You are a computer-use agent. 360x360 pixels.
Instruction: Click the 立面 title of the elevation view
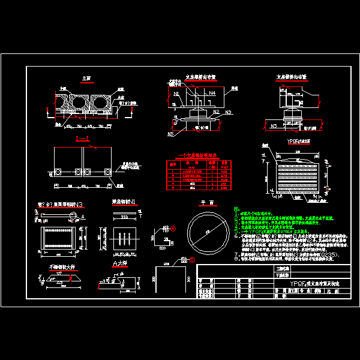coord(86,78)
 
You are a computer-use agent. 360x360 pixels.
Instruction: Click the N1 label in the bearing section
coord(176,94)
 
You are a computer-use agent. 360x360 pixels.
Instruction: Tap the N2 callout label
coord(215,112)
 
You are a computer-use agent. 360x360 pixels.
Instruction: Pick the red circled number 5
coord(193,260)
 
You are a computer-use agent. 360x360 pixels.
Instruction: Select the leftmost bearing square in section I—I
coord(60,172)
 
